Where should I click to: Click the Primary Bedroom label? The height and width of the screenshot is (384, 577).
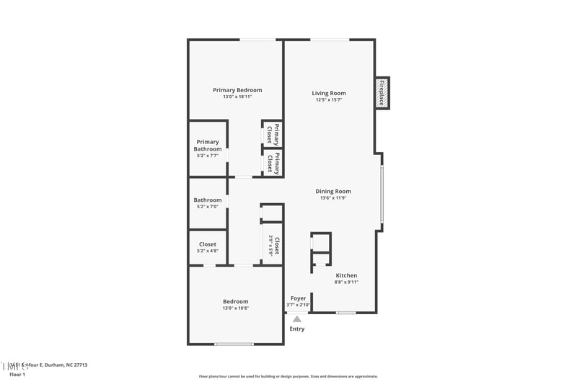tap(237, 90)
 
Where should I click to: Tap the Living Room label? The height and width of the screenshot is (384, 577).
tap(329, 93)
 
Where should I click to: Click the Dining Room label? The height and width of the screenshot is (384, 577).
tap(333, 191)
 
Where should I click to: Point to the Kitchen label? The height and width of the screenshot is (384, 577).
tap(346, 275)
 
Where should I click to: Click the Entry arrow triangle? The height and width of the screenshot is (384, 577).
tap(296, 318)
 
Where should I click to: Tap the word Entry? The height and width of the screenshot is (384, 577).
tap(297, 329)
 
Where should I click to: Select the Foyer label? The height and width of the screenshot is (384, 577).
tap(298, 298)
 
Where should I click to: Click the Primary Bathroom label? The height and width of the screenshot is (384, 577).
tap(208, 146)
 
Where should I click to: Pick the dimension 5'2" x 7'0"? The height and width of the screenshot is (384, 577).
tap(208, 207)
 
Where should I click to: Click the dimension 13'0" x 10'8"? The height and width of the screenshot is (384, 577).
tap(236, 308)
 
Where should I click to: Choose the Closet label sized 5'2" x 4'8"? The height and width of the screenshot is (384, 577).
tap(208, 244)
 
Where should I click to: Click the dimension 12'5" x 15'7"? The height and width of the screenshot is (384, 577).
tap(329, 100)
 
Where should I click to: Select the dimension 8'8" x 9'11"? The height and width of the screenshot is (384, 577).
tap(346, 282)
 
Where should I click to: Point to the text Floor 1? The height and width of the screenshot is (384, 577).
tap(17, 375)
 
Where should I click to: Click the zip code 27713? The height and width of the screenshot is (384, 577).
tap(79, 365)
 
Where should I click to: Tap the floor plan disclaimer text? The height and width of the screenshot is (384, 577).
tap(288, 376)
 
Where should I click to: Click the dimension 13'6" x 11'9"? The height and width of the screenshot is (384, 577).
tap(333, 198)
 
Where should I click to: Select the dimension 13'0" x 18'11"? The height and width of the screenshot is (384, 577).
tap(237, 97)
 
